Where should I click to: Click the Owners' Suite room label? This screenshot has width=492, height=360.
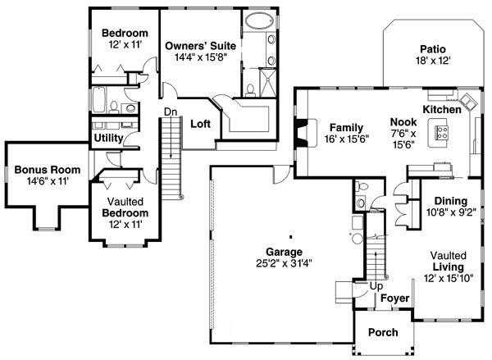[201, 46]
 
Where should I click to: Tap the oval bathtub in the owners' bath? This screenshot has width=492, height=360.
[259, 21]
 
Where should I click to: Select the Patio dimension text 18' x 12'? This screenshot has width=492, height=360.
[433, 61]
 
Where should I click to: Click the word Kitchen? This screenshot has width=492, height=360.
[442, 110]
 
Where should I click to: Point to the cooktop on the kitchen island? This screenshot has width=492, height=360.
[443, 133]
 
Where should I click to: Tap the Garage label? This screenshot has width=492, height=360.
[284, 252]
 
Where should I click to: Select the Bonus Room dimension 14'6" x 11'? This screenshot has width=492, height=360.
[48, 181]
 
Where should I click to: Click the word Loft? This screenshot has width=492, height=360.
[201, 124]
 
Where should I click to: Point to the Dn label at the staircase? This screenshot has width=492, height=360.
[171, 112]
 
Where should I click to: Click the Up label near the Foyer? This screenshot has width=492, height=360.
[376, 286]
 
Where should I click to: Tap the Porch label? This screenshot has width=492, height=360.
[383, 332]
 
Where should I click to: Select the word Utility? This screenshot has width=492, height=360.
[108, 138]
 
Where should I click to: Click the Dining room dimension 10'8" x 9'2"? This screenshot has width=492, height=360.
[451, 212]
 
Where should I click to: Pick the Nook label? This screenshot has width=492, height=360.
[403, 122]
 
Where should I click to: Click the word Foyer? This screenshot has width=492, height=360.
[394, 298]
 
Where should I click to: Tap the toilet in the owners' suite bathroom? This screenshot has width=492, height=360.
[250, 89]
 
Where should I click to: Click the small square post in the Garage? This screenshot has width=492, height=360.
[291, 237]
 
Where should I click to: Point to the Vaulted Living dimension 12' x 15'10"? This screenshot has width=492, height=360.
[449, 278]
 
